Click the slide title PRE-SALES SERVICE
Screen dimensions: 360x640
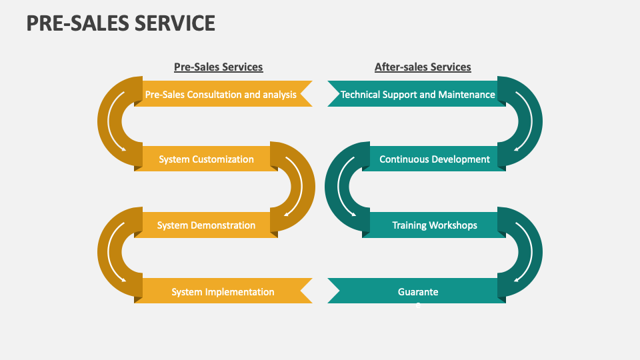tap(121, 23)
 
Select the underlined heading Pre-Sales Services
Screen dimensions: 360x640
tap(218, 67)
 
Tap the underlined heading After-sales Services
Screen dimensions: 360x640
tap(423, 67)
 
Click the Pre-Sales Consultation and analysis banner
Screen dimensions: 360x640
tap(221, 95)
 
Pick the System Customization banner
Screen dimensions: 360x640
tap(206, 159)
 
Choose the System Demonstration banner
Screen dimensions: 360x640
tap(206, 225)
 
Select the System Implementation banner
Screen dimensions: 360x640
tap(223, 291)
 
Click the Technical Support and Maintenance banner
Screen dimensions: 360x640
tap(418, 95)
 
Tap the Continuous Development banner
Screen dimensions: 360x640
tap(434, 159)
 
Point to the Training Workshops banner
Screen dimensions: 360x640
tap(434, 225)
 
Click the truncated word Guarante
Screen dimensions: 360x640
tap(418, 292)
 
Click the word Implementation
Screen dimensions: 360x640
tap(240, 292)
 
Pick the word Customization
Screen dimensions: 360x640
tap(223, 159)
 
